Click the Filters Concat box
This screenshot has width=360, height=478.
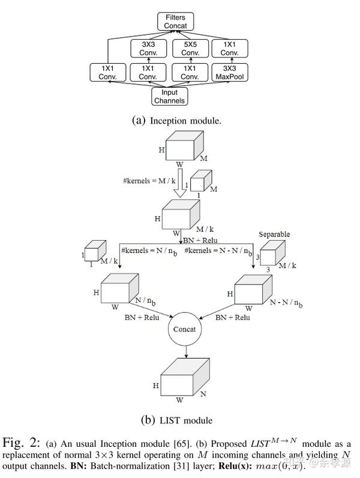176,22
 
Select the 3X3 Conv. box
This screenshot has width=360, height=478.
148,47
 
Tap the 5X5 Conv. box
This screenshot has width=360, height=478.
190,47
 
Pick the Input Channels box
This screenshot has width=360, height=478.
169,96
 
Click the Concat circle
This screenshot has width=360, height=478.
185,329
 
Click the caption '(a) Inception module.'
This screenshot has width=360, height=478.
176,120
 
